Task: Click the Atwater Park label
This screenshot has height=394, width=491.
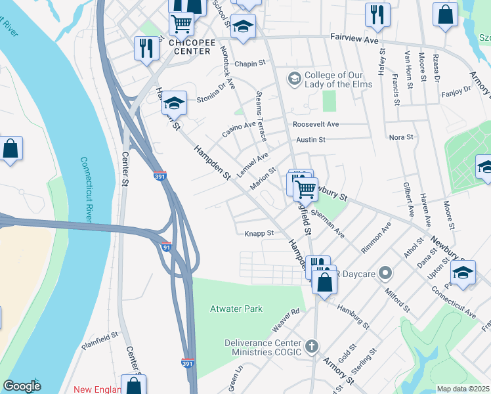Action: pos(236,309)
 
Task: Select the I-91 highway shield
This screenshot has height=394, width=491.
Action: pos(166,247)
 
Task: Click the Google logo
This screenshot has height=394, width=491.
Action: pos(22,386)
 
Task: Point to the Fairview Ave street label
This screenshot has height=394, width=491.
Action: pos(355,39)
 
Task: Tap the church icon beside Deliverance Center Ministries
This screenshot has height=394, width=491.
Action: pos(312,345)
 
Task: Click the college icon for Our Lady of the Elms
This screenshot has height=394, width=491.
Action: pos(294,79)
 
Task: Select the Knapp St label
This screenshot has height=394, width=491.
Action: pos(259,232)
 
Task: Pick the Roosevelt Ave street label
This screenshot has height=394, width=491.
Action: pos(316,124)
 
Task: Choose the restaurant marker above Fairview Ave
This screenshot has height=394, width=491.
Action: pos(377,14)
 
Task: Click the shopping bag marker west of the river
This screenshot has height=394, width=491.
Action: pos(11,148)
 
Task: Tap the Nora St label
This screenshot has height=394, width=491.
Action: pos(400,137)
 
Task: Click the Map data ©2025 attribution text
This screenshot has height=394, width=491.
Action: pos(463,389)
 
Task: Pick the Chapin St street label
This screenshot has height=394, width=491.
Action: pos(249,64)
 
